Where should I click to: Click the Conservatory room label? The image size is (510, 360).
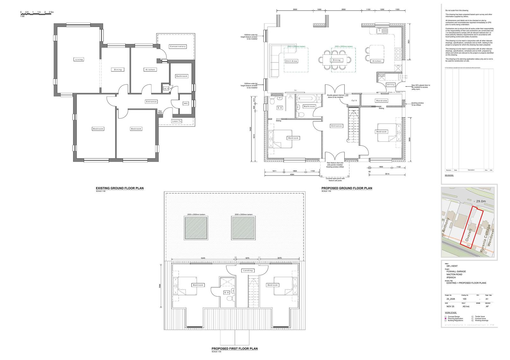click(178, 47)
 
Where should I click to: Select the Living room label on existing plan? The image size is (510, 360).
click(79, 59)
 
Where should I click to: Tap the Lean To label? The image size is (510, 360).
click(177, 121)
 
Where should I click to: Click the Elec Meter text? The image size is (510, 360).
click(160, 112)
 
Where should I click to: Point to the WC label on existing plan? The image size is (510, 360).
click(186, 104)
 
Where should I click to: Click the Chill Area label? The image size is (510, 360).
click(291, 61)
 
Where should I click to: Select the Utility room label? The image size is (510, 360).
click(390, 85)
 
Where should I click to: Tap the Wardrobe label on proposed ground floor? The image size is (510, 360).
click(381, 101)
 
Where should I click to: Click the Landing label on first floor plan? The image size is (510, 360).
click(248, 270)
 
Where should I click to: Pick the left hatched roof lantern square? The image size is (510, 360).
click(196, 228)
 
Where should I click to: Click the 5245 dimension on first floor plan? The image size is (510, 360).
click(203, 258)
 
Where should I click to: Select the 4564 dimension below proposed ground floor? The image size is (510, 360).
click(292, 175)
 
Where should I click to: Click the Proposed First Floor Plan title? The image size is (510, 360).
click(235, 349)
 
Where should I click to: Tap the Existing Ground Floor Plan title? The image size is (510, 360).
click(120, 188)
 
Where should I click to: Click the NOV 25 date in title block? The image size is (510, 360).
click(450, 306)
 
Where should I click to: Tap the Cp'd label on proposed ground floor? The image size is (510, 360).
click(354, 101)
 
